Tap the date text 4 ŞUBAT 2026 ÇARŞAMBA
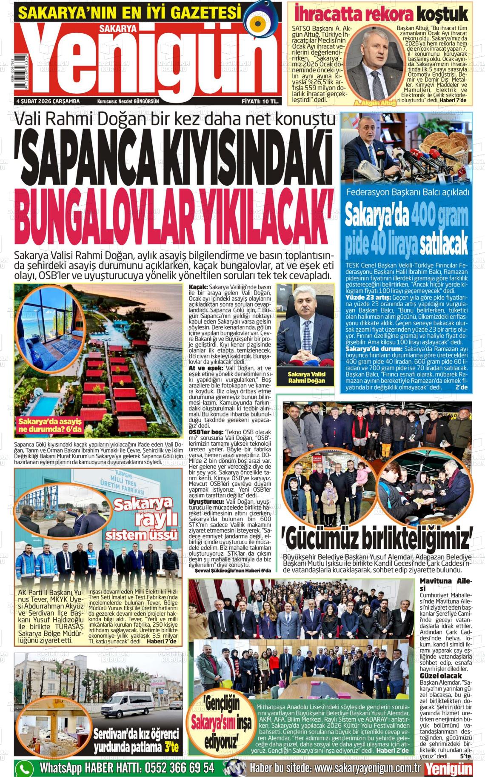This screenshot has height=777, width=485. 48,101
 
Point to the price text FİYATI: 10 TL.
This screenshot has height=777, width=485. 260,101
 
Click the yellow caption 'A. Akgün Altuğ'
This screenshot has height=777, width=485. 375,103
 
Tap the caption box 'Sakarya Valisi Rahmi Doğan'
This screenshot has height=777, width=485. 306,377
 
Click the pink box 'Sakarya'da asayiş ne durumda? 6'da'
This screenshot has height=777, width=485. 50,425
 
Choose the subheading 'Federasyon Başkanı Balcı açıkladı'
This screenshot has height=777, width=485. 408,192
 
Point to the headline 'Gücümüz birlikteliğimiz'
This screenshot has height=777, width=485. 377,539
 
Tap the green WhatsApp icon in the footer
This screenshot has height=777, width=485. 24,766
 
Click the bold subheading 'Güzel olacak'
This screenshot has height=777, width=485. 441,676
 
